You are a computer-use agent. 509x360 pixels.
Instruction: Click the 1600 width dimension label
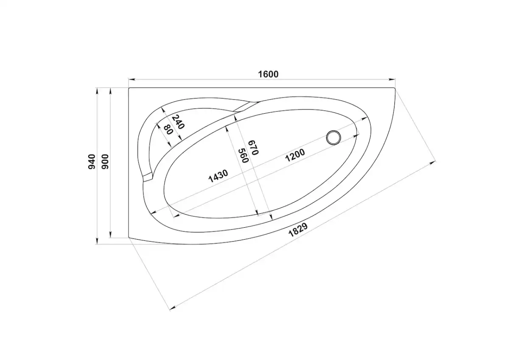(268, 74)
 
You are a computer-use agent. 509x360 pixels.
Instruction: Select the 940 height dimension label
(92, 162)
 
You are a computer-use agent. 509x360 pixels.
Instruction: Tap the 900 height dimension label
(105, 162)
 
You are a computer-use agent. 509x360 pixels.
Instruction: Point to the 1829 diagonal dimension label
(298, 230)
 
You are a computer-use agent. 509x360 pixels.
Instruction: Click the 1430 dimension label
(218, 176)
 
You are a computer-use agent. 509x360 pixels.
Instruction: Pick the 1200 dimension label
(295, 155)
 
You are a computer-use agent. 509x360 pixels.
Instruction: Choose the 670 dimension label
(254, 148)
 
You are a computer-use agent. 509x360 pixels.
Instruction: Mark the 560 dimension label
(243, 156)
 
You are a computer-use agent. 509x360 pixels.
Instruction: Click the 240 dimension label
(178, 122)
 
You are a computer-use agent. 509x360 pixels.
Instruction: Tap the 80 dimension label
(168, 129)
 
